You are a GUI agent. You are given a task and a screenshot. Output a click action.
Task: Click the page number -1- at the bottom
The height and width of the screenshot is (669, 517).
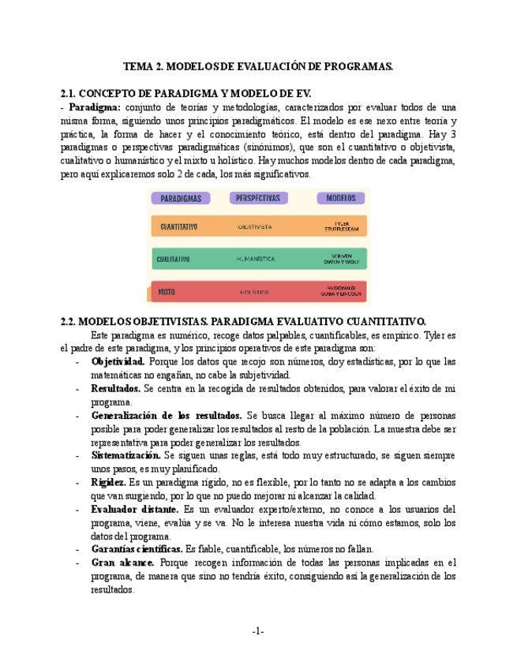coord(258,631)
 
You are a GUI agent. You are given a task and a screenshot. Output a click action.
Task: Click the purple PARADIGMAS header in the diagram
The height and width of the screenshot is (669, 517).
coord(181,198)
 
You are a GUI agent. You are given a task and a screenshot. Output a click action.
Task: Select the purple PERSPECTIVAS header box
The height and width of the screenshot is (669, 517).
coord(258,198)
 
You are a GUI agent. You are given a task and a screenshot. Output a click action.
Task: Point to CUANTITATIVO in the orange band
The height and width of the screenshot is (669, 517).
coord(178,226)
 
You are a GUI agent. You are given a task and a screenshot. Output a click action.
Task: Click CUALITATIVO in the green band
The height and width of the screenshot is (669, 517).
coord(172,258)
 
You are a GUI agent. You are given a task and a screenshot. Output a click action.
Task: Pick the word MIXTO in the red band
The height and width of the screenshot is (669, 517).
coord(167,291)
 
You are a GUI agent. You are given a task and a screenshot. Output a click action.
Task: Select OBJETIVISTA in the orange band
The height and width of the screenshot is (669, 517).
coord(255,226)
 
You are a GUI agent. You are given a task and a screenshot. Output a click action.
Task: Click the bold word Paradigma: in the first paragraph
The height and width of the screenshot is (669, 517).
coord(95,107)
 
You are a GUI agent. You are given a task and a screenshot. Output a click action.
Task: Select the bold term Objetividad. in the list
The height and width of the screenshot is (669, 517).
coord(118,361)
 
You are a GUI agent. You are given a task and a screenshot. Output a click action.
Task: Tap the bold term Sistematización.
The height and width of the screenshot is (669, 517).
coord(126,455)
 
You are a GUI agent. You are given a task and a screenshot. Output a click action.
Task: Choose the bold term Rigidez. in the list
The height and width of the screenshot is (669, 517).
coord(108,482)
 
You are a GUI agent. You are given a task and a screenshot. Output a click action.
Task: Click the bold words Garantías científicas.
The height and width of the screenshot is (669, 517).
coord(137,549)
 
